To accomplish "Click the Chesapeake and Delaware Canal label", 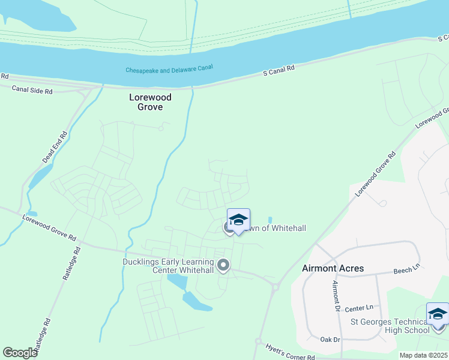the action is tap(169, 69).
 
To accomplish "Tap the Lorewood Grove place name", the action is tap(151, 102).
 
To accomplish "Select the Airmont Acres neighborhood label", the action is tap(333, 268).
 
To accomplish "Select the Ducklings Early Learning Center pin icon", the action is tap(223, 265).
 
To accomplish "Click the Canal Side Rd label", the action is tap(32, 91).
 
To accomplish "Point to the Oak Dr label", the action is tap(330, 340).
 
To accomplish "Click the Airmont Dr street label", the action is tap(336, 296).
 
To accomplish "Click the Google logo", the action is tap(20, 352).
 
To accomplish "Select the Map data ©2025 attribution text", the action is tap(424, 355).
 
